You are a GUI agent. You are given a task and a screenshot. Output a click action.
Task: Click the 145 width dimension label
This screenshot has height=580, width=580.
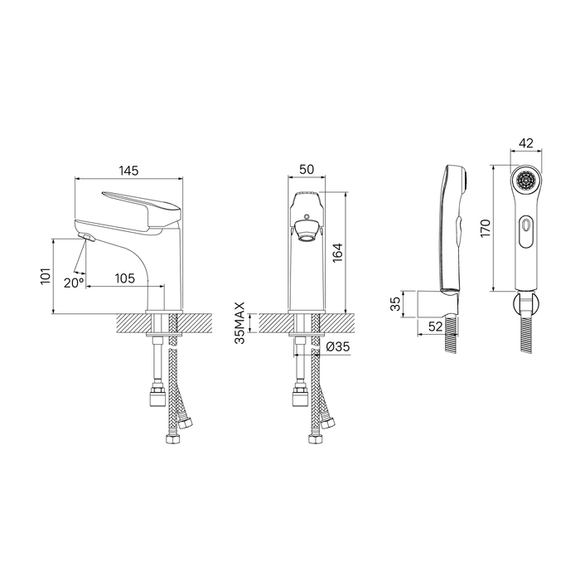point(128,171)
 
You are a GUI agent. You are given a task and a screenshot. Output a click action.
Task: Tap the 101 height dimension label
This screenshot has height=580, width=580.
point(45,276)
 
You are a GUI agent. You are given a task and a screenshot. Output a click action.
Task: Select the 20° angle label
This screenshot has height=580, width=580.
point(73,283)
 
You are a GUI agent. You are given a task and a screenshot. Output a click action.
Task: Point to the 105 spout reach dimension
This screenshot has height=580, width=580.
point(124,278)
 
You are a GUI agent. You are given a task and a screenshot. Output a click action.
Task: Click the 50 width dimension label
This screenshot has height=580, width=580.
point(307,169)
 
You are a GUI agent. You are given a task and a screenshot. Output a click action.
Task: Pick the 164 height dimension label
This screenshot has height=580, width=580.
point(338,253)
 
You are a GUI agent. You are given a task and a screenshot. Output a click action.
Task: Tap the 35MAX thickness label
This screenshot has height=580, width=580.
point(240,323)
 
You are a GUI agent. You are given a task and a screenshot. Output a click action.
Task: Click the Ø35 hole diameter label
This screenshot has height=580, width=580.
point(338,346)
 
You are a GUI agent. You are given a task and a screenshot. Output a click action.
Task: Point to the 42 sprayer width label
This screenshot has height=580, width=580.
point(526,143)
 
